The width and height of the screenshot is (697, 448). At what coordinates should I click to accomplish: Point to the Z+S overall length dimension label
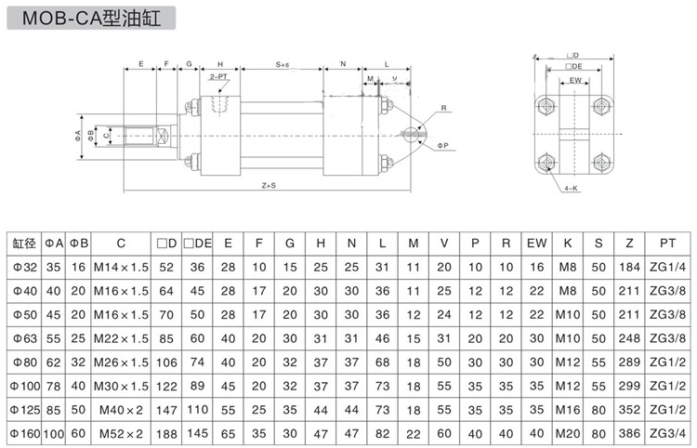[x=269, y=186]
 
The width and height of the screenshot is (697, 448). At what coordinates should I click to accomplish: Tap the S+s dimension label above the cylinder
[x=282, y=64]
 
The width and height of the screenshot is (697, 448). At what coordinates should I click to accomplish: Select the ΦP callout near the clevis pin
[x=442, y=145]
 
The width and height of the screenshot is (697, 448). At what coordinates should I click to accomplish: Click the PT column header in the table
[x=667, y=244]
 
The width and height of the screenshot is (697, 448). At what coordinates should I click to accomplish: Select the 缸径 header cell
[x=24, y=244]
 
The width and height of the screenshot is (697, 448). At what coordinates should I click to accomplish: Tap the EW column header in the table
[x=536, y=244]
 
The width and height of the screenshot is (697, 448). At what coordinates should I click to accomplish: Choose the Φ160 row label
[x=24, y=431]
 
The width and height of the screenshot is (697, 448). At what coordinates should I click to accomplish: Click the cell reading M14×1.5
[x=121, y=268]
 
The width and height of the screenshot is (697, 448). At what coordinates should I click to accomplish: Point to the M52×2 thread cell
[x=121, y=431]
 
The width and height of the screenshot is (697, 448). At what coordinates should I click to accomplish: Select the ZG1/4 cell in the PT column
[x=667, y=268]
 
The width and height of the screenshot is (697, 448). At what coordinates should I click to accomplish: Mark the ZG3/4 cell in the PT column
[x=667, y=431]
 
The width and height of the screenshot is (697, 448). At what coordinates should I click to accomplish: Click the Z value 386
[x=630, y=431]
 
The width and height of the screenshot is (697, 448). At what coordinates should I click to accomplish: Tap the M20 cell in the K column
[x=567, y=431]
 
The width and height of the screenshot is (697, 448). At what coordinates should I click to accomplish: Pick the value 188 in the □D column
[x=167, y=431]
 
